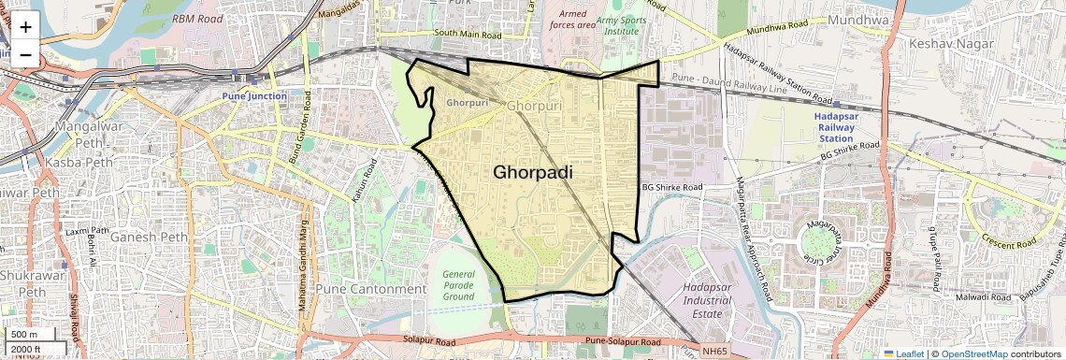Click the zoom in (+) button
pyautogui.click(x=25, y=26)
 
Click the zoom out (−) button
pyautogui.click(x=25, y=54)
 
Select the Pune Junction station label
pyautogui.click(x=254, y=96)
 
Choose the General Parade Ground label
pyautogui.click(x=460, y=285)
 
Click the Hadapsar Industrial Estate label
pyautogui.click(x=707, y=301)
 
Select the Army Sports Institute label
pyautogui.click(x=623, y=25)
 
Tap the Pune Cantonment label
pyautogui.click(x=370, y=289)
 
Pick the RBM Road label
pyautogui.click(x=197, y=18)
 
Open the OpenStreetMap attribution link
pyautogui.click(x=973, y=354)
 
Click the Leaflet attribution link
pyautogui.click(x=902, y=354)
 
